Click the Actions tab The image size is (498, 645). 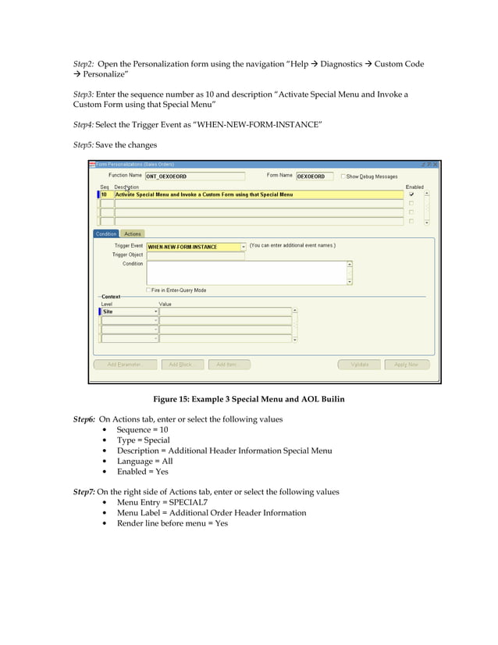pos(133,233)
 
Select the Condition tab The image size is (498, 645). pos(106,233)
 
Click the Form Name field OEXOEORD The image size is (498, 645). pos(315,176)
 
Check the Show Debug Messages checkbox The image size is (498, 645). pos(343,176)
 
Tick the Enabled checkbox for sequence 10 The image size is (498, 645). pos(411,194)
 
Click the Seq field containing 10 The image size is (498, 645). pos(105,194)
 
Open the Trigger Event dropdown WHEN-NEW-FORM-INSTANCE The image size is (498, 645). pos(243,247)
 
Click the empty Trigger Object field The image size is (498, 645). pos(195,255)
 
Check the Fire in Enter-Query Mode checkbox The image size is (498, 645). pos(148,290)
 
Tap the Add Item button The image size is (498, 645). pos(231,365)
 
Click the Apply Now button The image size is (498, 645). pos(406,365)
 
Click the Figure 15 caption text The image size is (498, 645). pos(249,399)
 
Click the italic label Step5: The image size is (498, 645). pos(84,144)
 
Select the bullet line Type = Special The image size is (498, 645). pos(143,440)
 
